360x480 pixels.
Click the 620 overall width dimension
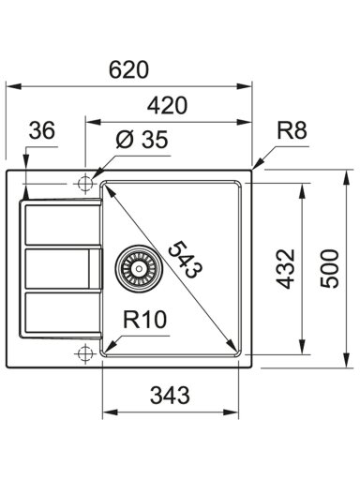[128, 69]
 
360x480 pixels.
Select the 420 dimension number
[168, 105]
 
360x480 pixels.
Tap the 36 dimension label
[42, 129]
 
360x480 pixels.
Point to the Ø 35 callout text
[142, 139]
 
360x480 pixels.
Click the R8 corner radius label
[292, 130]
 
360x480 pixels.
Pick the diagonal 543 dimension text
[186, 259]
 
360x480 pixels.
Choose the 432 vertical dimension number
[285, 268]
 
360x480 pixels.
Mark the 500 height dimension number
[329, 268]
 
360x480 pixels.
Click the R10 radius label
[144, 320]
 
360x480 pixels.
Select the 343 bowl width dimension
[170, 395]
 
